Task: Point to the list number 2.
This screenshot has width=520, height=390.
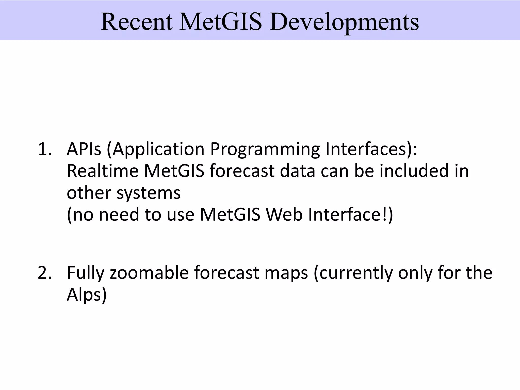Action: click(x=44, y=273)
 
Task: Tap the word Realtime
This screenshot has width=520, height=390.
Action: click(x=102, y=171)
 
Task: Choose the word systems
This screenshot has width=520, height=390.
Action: click(x=149, y=193)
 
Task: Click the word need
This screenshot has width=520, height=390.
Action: click(x=119, y=215)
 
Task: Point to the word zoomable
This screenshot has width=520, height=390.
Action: click(x=149, y=273)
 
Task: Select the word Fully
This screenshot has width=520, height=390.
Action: click(x=86, y=273)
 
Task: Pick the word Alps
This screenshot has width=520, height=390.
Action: click(x=84, y=295)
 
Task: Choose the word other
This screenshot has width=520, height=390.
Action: click(x=89, y=193)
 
